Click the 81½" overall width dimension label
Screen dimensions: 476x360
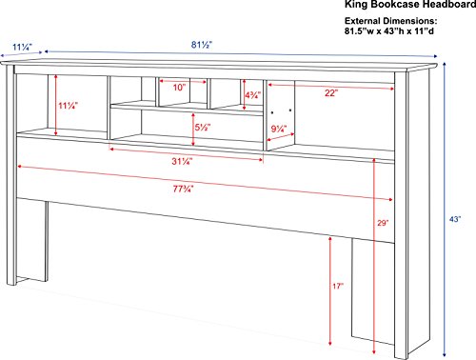coord(202,45)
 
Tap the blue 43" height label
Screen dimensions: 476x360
coord(455,219)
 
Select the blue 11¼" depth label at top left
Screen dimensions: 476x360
coord(23,48)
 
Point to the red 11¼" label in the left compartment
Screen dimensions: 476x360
coord(69,106)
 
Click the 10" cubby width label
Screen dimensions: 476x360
coord(179,88)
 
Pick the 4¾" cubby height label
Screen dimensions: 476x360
coord(253,95)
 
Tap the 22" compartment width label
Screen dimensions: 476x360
coord(331,93)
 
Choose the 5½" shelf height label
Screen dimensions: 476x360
coord(203,127)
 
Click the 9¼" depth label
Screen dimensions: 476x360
coord(279,130)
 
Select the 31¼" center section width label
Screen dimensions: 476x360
coord(183,161)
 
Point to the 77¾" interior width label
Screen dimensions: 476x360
coord(183,189)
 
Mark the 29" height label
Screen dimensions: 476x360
coord(383,223)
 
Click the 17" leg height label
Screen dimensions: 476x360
coord(338,287)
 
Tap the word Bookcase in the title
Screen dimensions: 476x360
coord(396,5)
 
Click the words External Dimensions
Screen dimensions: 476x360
coord(391,21)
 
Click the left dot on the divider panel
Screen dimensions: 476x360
coord(272,112)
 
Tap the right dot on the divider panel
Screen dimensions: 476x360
coord(290,110)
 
